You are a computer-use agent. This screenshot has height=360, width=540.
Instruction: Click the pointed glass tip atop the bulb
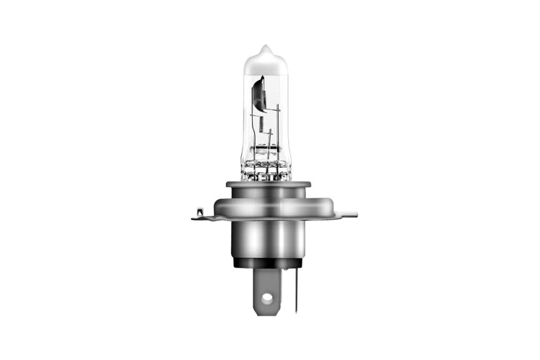click(265, 48)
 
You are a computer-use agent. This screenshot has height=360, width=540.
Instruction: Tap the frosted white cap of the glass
click(265, 63)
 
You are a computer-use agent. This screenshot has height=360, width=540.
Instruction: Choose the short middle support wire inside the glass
click(268, 155)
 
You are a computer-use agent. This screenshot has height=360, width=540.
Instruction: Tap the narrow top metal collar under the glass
click(268, 185)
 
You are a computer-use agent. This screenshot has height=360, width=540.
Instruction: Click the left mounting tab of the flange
click(199, 215)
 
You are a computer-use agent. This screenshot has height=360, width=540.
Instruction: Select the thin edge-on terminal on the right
click(296, 288)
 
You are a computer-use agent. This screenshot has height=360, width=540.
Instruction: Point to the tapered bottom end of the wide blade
click(266, 310)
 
